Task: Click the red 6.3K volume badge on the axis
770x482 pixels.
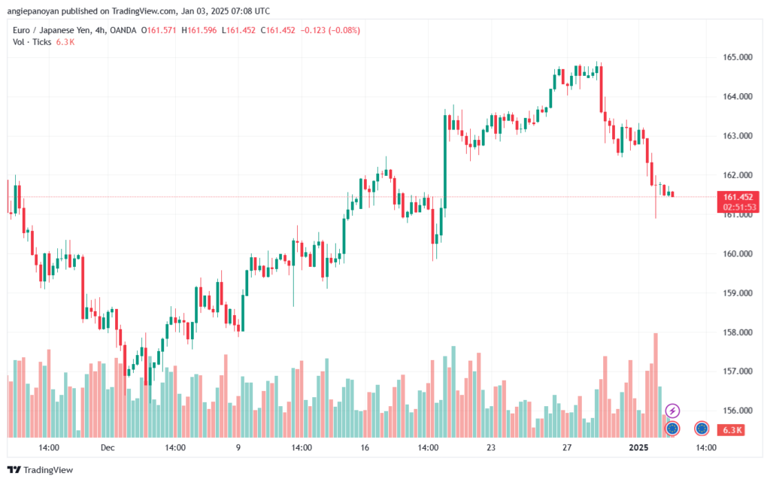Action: coord(732,430)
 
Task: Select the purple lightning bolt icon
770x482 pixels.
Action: coord(673,411)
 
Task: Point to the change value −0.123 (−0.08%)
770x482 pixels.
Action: coord(331,30)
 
